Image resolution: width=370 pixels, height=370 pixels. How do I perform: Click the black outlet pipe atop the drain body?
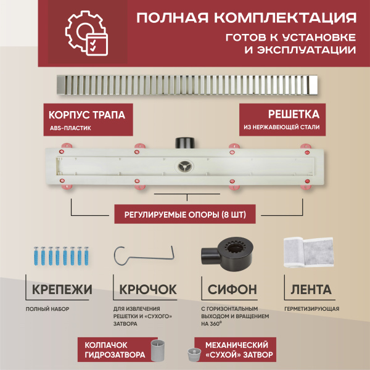pos(184,142)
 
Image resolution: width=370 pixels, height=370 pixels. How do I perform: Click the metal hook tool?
pos(146,255)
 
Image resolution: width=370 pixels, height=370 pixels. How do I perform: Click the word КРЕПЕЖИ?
pos(59,289)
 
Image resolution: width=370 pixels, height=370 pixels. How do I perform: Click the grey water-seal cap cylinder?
pos(159,350)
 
